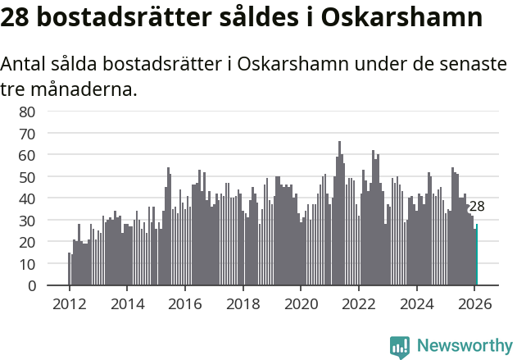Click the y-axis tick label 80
click(x=27, y=112)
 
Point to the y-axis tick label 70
click(x=27, y=133)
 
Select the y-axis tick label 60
click(x=27, y=155)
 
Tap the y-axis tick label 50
click(x=27, y=177)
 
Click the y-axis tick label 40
click(x=27, y=198)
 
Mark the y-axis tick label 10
click(x=27, y=264)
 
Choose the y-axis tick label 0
click(x=31, y=286)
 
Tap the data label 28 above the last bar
click(x=477, y=207)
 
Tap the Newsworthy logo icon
click(x=400, y=346)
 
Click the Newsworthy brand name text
click(x=465, y=346)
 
